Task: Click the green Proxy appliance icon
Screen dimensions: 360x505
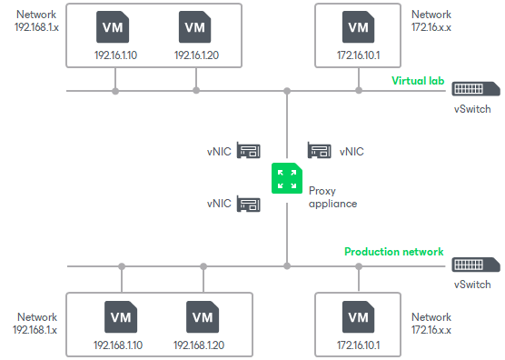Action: coord(287,178)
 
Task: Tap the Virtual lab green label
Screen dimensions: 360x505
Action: coord(416,80)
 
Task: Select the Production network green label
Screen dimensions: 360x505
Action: coord(393,252)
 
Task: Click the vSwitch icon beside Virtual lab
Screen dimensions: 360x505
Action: coord(475,89)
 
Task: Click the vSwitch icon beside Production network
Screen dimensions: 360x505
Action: coord(475,265)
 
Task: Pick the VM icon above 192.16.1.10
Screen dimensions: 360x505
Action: coord(114,28)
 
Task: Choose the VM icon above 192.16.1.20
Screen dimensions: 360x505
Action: coord(195,28)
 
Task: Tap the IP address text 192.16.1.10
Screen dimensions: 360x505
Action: coord(114,55)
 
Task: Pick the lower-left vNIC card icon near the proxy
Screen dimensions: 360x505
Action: coord(249,204)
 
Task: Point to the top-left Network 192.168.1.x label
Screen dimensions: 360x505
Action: coord(36,21)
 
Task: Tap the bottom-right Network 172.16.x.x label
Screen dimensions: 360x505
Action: coord(431,325)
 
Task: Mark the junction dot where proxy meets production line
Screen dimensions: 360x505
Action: coord(287,266)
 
